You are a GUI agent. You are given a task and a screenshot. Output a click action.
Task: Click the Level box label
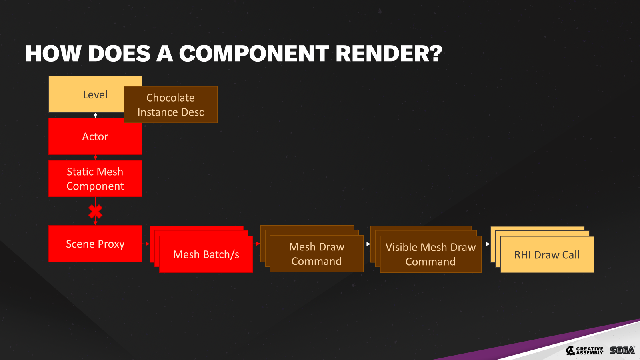(x=95, y=95)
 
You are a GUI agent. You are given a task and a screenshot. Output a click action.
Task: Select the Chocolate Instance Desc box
(x=171, y=105)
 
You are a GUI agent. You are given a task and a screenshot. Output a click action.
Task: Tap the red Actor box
(x=95, y=137)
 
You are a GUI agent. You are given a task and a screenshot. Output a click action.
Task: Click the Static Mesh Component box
(x=95, y=179)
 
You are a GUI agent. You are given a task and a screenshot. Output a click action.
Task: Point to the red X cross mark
(x=95, y=212)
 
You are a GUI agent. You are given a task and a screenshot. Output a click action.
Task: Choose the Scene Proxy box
(x=95, y=244)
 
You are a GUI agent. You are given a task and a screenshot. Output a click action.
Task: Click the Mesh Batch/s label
(x=206, y=254)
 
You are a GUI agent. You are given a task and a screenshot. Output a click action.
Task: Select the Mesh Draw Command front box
(x=316, y=254)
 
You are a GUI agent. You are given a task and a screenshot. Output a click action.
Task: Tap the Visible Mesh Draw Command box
(x=430, y=254)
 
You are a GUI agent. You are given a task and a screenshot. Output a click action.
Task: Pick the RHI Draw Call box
(x=547, y=255)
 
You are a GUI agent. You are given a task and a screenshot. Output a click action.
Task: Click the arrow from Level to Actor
(x=95, y=116)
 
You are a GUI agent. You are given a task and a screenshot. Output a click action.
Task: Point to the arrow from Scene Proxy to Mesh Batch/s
(x=146, y=244)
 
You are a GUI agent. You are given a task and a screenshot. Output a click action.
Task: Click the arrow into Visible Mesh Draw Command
(x=367, y=244)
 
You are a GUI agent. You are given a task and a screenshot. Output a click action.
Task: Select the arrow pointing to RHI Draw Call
(x=486, y=244)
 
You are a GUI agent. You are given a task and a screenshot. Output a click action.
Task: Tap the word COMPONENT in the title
(x=254, y=54)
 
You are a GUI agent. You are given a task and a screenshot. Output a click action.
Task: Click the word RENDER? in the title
(x=389, y=54)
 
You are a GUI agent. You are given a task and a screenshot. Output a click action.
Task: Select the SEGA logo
(x=622, y=350)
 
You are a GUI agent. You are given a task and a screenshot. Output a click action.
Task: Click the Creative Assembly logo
(x=584, y=350)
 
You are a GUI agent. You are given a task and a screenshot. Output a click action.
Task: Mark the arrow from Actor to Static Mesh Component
(x=95, y=158)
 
